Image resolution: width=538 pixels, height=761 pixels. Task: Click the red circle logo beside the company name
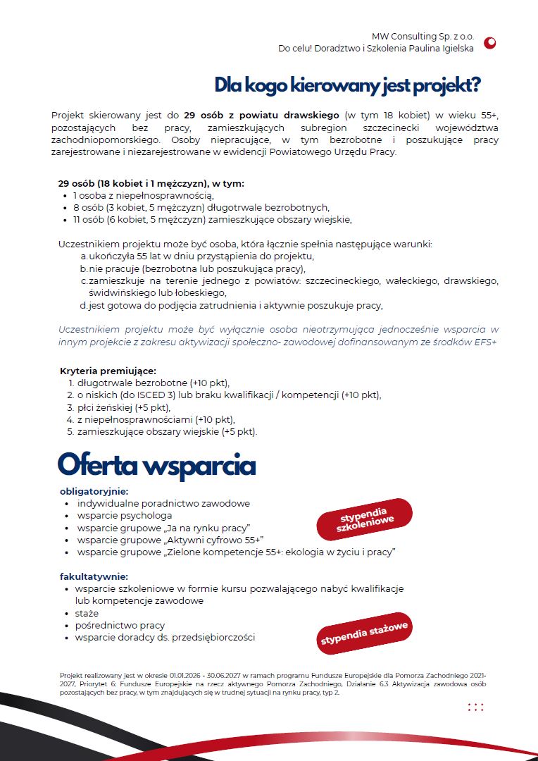pos(490,42)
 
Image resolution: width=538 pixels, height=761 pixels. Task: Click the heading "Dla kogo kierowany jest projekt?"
pos(347,85)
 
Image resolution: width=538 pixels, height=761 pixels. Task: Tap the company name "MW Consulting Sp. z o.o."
pos(423,36)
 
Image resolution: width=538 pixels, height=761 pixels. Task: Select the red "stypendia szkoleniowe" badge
pos(365,519)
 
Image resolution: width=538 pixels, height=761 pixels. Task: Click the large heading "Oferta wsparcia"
pos(156,466)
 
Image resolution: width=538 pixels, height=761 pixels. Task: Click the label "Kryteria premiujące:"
pos(108,371)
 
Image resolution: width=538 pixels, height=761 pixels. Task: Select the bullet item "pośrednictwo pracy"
pos(120,626)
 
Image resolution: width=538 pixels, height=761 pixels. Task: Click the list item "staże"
pos(87,614)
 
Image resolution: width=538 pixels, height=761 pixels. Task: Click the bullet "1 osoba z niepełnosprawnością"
pos(144,195)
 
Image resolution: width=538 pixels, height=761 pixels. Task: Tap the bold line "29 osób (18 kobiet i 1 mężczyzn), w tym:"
pos(151,183)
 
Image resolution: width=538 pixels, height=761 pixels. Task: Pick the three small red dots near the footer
pos(475,707)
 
